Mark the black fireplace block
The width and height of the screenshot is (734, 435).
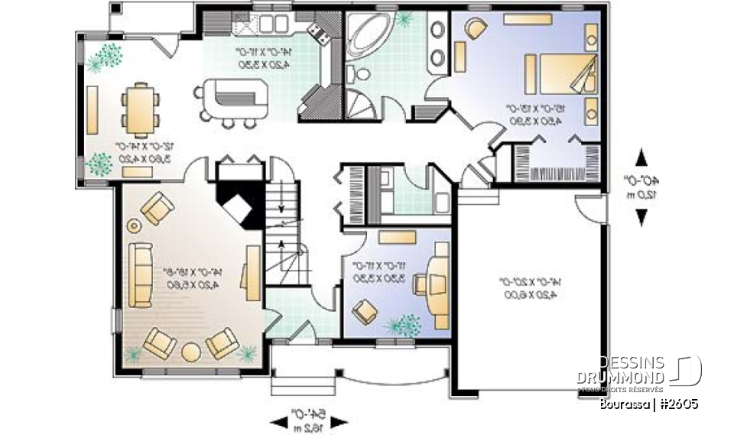[x=240, y=200]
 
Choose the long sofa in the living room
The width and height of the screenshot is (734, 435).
[x=141, y=274]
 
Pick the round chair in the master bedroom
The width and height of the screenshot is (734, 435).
[x=476, y=29]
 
